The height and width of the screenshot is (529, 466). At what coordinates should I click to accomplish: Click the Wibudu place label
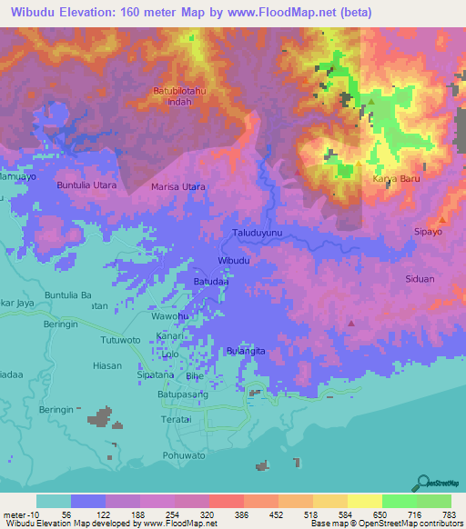click(234, 261)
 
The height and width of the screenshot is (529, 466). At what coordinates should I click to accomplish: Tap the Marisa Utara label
click(177, 187)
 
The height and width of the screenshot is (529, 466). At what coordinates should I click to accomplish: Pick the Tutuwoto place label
click(119, 340)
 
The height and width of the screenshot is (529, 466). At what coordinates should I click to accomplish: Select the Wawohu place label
click(169, 316)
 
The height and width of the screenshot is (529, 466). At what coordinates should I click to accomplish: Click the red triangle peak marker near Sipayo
click(442, 220)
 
